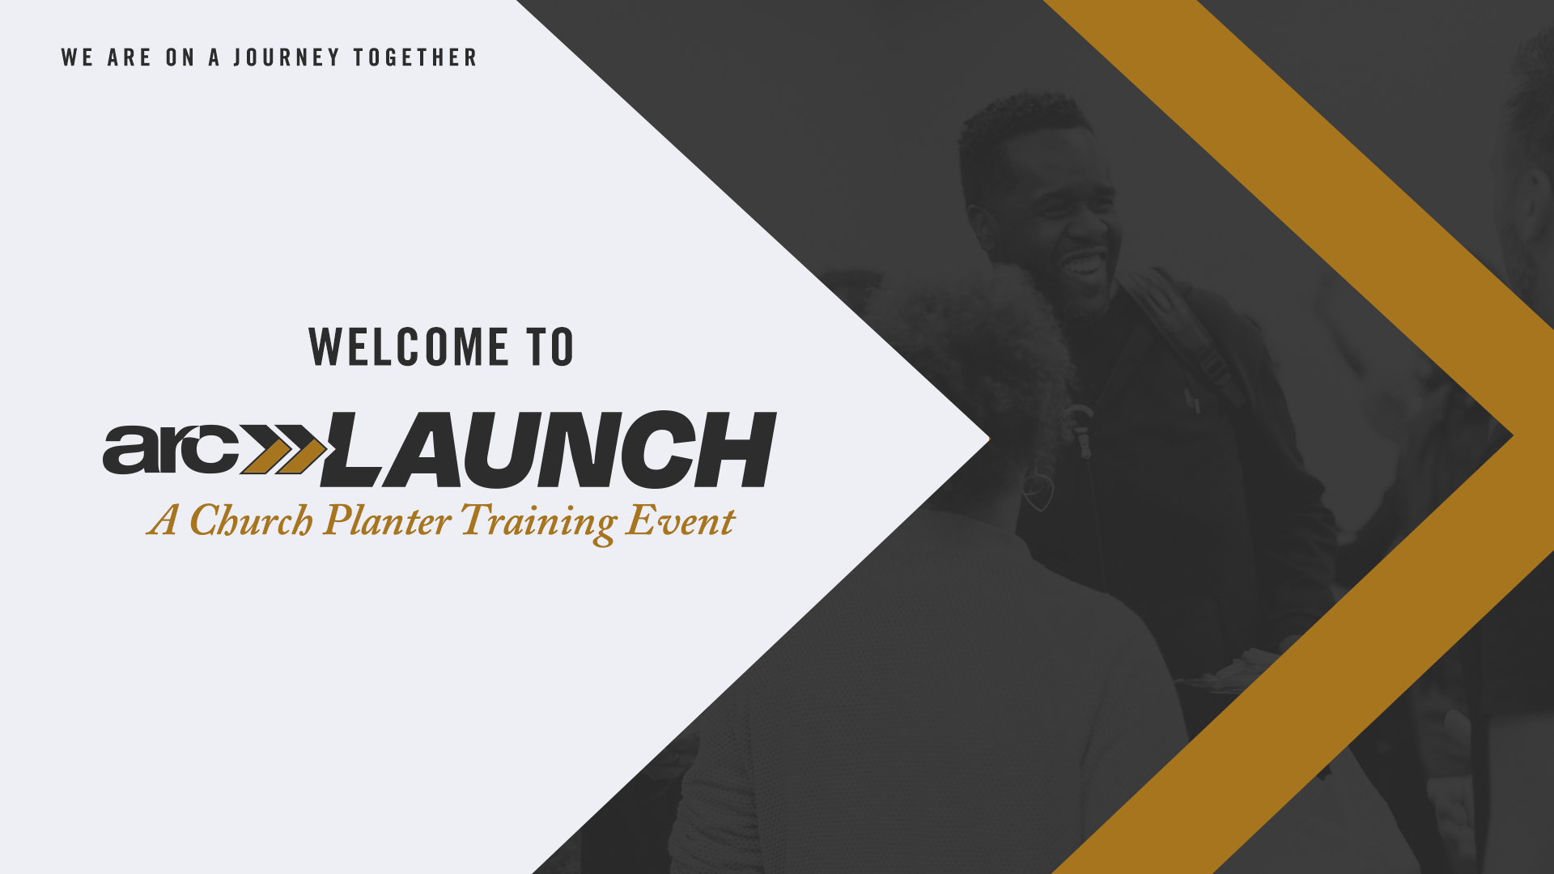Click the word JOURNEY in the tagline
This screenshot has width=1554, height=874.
pos(287,57)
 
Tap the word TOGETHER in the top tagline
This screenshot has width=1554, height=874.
pos(415,57)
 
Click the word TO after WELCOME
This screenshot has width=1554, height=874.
pos(550,347)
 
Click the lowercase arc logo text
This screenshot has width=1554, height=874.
pos(171,448)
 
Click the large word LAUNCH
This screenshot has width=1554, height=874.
pos(549,449)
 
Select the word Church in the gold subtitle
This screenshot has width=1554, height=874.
pos(251,520)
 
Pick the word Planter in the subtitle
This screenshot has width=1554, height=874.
pos(387,520)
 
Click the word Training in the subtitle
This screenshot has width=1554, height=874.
pos(539,523)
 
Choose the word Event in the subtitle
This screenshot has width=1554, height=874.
pos(681,520)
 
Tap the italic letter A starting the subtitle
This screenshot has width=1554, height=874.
pos(163,520)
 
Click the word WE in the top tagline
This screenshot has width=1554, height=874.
pos(78,57)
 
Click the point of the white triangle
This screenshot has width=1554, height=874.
pos(989,439)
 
